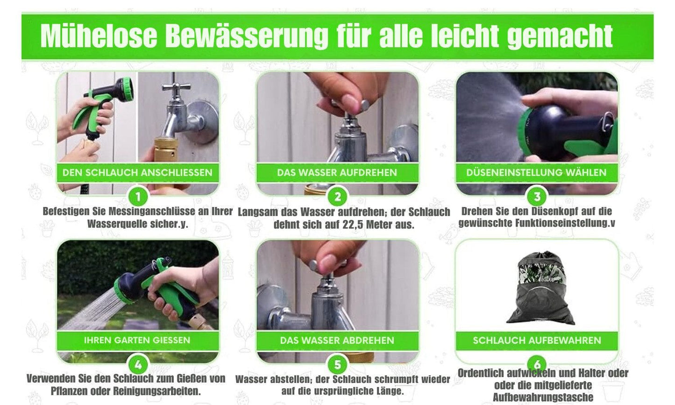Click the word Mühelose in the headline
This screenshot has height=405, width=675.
pos(99,36)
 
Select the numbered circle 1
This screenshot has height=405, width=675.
pos(138,197)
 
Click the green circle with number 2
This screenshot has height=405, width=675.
pos(337,197)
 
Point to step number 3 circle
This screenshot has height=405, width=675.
pos(537,197)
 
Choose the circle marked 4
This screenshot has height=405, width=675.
pos(138,365)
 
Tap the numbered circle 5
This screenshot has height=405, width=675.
pos(337,365)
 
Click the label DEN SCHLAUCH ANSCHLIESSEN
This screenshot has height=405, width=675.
pos(137,172)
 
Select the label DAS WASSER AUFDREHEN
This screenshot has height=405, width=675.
pos(337,172)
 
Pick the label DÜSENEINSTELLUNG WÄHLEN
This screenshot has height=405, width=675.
pos(536,172)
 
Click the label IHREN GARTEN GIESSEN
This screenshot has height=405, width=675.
pos(137,340)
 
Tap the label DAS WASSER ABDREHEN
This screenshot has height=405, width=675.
pos(337,340)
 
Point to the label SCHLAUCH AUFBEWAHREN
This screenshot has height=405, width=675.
pos(537,340)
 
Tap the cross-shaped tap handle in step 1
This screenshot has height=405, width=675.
pos(175,87)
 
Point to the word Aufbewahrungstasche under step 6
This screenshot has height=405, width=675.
pos(543,397)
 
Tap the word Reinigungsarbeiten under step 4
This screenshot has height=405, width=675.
pos(156,391)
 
